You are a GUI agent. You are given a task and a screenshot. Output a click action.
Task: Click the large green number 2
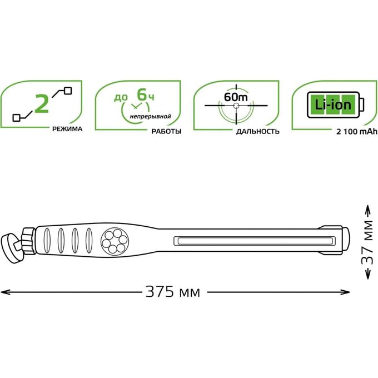coord(42,103)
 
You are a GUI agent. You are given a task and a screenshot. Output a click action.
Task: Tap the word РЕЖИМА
coord(67,129)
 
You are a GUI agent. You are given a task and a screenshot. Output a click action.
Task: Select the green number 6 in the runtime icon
coord(142,94)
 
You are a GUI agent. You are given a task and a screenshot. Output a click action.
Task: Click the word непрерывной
coord(151,117)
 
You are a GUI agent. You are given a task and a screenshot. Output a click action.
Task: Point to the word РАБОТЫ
coord(166,131)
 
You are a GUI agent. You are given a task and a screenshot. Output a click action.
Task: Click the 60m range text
coord(236,97)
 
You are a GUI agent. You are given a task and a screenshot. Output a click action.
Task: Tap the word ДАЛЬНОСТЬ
coord(258,131)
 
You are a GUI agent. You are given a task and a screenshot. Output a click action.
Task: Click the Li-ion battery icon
coord(335,105)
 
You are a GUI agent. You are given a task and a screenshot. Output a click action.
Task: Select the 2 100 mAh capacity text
coord(357,132)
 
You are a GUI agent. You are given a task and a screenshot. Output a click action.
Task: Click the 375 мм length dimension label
coord(173,292)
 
